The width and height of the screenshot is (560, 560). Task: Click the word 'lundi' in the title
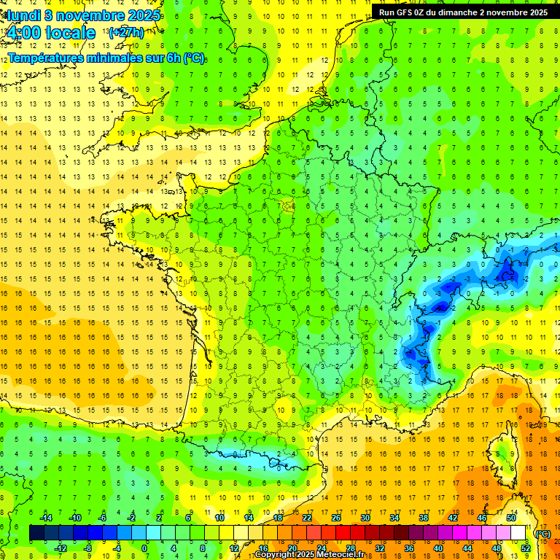point(23,15)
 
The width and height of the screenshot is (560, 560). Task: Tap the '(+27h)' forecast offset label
point(125,33)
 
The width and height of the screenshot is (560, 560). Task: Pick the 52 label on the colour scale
point(525,548)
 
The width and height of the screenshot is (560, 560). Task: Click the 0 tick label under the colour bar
point(144,548)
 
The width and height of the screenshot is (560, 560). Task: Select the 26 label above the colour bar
point(336,518)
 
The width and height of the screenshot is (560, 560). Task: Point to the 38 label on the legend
point(423,518)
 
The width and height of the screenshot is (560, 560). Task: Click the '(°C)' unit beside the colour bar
point(542,534)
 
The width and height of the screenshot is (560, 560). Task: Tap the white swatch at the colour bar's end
point(518,534)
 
